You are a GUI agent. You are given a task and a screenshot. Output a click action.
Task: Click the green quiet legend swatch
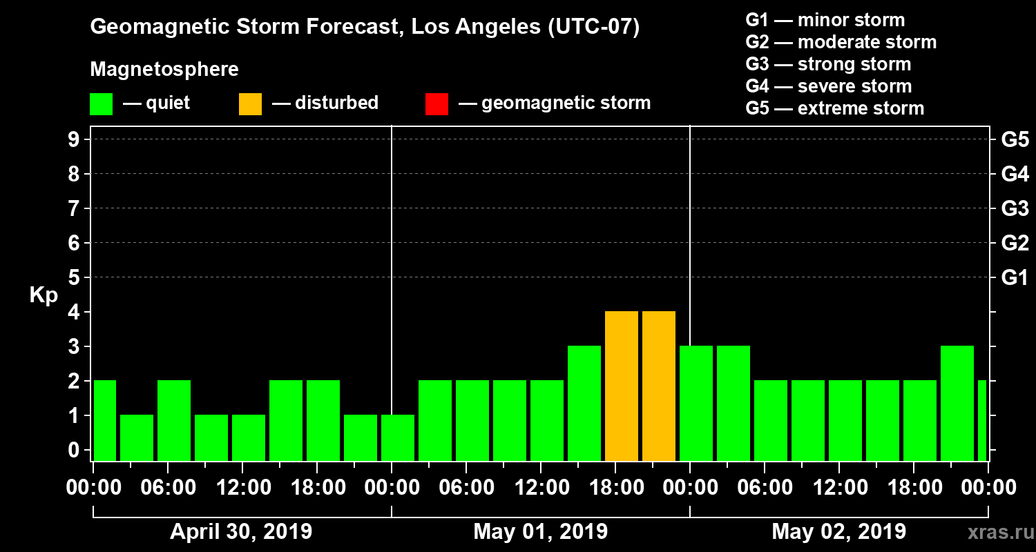(x=101, y=103)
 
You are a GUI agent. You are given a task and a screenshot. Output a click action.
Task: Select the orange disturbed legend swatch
(x=250, y=103)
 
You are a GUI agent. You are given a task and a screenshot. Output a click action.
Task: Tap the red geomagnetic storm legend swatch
(x=437, y=103)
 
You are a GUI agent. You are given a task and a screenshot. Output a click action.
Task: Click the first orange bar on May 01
(x=621, y=386)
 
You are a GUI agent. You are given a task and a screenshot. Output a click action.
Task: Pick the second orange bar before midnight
(x=658, y=386)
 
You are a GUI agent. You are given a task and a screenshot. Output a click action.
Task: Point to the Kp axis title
(x=44, y=295)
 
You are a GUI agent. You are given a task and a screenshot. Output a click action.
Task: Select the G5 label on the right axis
(x=1015, y=139)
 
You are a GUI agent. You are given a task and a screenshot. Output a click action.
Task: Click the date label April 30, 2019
(x=241, y=531)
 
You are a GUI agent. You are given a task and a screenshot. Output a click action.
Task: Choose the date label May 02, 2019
(x=838, y=531)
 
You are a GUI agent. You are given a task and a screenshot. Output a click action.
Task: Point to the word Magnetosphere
(x=164, y=70)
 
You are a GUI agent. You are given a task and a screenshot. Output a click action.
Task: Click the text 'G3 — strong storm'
(x=828, y=64)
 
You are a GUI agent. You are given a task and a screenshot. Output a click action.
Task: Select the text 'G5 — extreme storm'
(x=834, y=108)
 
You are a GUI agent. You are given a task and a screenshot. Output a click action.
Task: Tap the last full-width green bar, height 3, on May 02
(x=957, y=404)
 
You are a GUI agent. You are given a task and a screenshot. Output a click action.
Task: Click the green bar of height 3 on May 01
(x=584, y=404)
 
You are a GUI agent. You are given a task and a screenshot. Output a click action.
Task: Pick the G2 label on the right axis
(x=1015, y=243)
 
